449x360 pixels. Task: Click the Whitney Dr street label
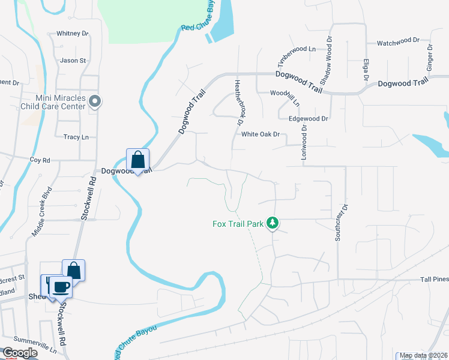pos(72,34)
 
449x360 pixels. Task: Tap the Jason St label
pos(73,61)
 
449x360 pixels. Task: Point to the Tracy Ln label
pos(76,137)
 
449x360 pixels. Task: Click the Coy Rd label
pos(40,160)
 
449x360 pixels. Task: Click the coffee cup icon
pos(60,286)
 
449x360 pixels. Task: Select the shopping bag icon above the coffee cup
pos(73,270)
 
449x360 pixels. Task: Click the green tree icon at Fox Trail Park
pos(273,223)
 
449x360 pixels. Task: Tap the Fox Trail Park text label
pos(238,224)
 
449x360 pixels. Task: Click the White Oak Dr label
pos(261,134)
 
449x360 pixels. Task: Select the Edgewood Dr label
pos(309,119)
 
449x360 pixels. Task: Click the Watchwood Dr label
pos(397,43)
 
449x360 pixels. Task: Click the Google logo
pos(20,352)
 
